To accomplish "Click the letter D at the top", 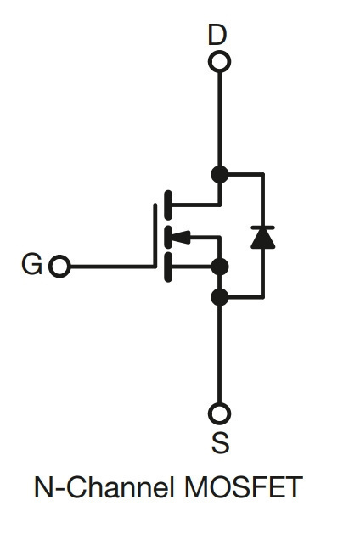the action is click(217, 35).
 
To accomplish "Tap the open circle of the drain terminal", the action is click(219, 53).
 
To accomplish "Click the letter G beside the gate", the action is click(31, 264).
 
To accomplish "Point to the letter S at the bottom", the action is click(220, 442).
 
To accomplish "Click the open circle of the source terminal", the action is click(219, 406).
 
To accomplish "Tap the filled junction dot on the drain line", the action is click(220, 174).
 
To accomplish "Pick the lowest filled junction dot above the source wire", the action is click(220, 297).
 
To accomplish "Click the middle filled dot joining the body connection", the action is click(220, 267).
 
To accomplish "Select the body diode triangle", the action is click(262, 239).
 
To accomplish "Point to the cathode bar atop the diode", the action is click(262, 228).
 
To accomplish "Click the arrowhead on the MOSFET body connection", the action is click(181, 237).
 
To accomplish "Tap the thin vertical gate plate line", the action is click(155, 235).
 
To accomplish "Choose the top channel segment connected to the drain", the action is click(168, 205).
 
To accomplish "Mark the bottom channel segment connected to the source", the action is click(168, 267).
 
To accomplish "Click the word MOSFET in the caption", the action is click(244, 487).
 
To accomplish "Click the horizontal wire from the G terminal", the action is click(112, 267).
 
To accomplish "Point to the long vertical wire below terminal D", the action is click(220, 119).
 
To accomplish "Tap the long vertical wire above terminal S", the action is click(220, 355).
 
